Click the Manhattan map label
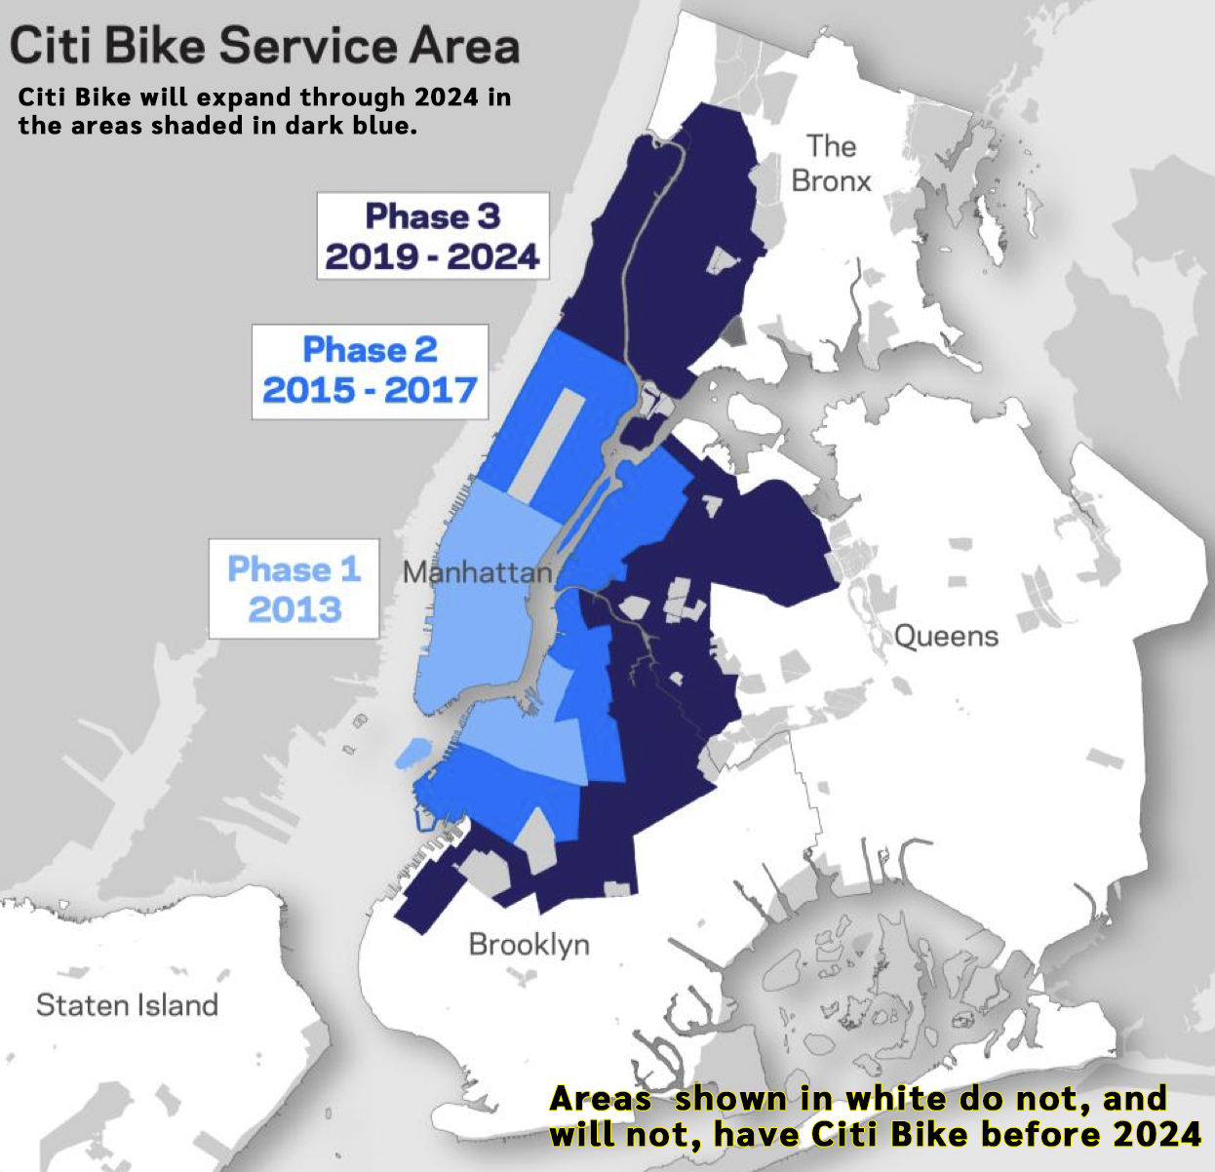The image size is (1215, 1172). point(477,571)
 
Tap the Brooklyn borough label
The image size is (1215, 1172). point(529,944)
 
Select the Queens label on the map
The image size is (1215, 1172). point(946,637)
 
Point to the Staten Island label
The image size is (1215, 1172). point(127,1005)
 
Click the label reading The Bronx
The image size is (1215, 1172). point(831,164)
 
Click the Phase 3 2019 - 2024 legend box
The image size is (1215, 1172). point(432,236)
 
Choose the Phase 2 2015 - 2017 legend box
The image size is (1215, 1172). point(370,371)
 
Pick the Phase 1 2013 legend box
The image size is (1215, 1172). point(294,589)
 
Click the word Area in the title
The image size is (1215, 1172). point(463,46)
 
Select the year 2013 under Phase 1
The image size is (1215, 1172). point(294,610)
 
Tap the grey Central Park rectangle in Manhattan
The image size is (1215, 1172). point(548,444)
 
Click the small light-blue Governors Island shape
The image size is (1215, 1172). point(412,753)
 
